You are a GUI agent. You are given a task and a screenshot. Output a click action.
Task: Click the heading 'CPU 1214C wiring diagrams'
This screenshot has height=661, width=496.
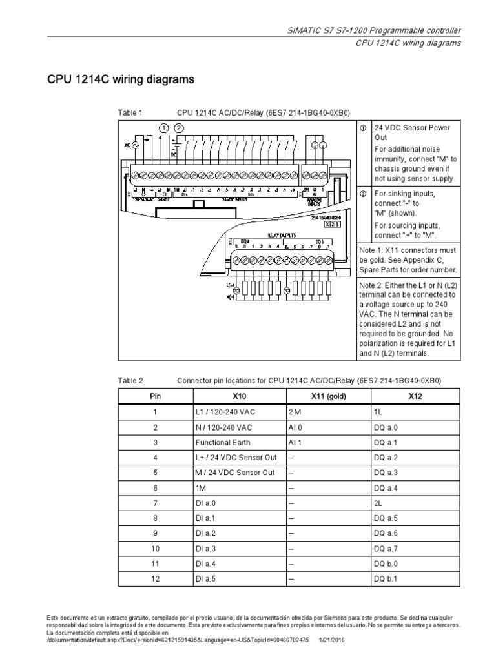point(120,80)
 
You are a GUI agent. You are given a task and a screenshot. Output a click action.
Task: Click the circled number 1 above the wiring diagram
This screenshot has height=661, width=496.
point(165,128)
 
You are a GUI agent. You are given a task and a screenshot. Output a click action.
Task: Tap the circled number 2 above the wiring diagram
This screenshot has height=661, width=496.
point(178,128)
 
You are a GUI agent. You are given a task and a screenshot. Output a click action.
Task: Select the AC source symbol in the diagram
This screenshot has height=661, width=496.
point(135,146)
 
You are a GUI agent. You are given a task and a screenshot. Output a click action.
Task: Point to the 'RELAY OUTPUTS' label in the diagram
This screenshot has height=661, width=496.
point(282,236)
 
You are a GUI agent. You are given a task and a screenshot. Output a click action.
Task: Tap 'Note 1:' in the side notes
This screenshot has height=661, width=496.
point(371,250)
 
